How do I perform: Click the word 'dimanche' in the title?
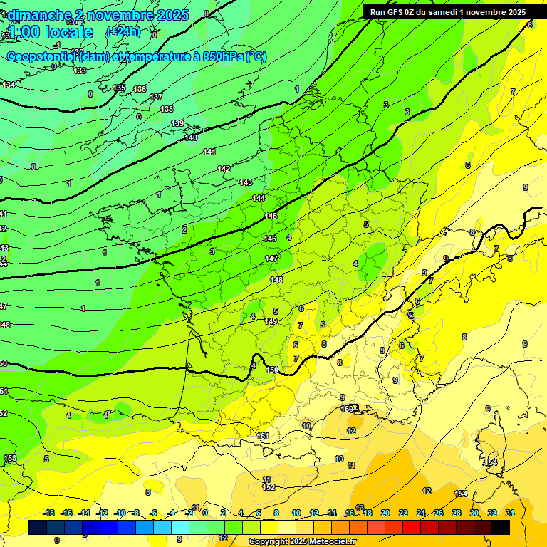[x=38, y=15]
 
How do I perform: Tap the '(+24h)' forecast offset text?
[x=123, y=32]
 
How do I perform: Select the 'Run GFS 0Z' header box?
[x=446, y=12]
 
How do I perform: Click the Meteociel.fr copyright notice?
[x=303, y=542]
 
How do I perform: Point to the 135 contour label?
[x=120, y=88]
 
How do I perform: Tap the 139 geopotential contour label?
[x=177, y=124]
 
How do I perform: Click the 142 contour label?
[x=224, y=169]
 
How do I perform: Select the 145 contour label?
[x=271, y=216]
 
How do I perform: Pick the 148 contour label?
[x=276, y=280]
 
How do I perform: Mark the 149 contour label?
[x=271, y=322]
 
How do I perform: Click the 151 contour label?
[x=263, y=436]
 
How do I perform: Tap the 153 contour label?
[x=10, y=458]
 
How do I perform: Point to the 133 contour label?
[x=80, y=71]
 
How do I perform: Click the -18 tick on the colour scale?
[x=49, y=513]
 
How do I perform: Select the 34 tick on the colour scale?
[x=509, y=513]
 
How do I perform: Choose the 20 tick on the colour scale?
[x=385, y=513]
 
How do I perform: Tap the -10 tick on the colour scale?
[x=120, y=513]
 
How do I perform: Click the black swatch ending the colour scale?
[x=501, y=527]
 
